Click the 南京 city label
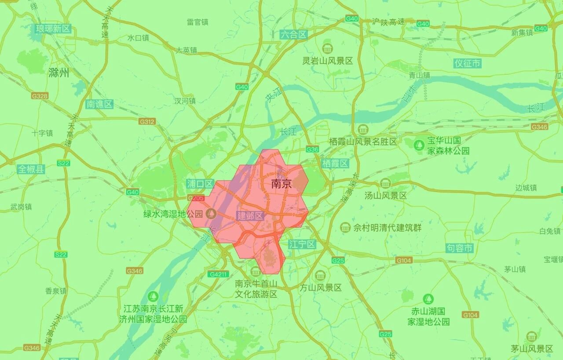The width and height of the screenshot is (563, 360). [281, 184]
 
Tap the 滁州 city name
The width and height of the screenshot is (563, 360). [59, 73]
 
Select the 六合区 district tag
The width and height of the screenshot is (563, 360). [293, 35]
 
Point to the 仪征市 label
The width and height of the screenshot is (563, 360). [468, 63]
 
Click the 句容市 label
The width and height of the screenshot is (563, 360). [459, 248]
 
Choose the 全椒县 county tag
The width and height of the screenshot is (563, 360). [31, 169]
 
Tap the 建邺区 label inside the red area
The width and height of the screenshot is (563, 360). [250, 215]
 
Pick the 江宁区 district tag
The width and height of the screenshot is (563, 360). [302, 244]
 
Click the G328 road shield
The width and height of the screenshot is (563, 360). [40, 96]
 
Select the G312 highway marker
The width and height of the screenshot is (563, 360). [147, 121]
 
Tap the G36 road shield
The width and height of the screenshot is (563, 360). [312, 149]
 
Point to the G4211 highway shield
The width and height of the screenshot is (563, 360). [218, 274]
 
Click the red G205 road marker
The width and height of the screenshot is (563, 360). [196, 198]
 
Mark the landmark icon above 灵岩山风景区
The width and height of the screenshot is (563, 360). [327, 48]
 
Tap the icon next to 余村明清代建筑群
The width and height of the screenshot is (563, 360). [345, 228]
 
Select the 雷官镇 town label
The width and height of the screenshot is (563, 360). [197, 22]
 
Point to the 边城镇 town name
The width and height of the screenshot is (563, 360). [526, 188]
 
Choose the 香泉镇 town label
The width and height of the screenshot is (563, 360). [55, 291]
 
